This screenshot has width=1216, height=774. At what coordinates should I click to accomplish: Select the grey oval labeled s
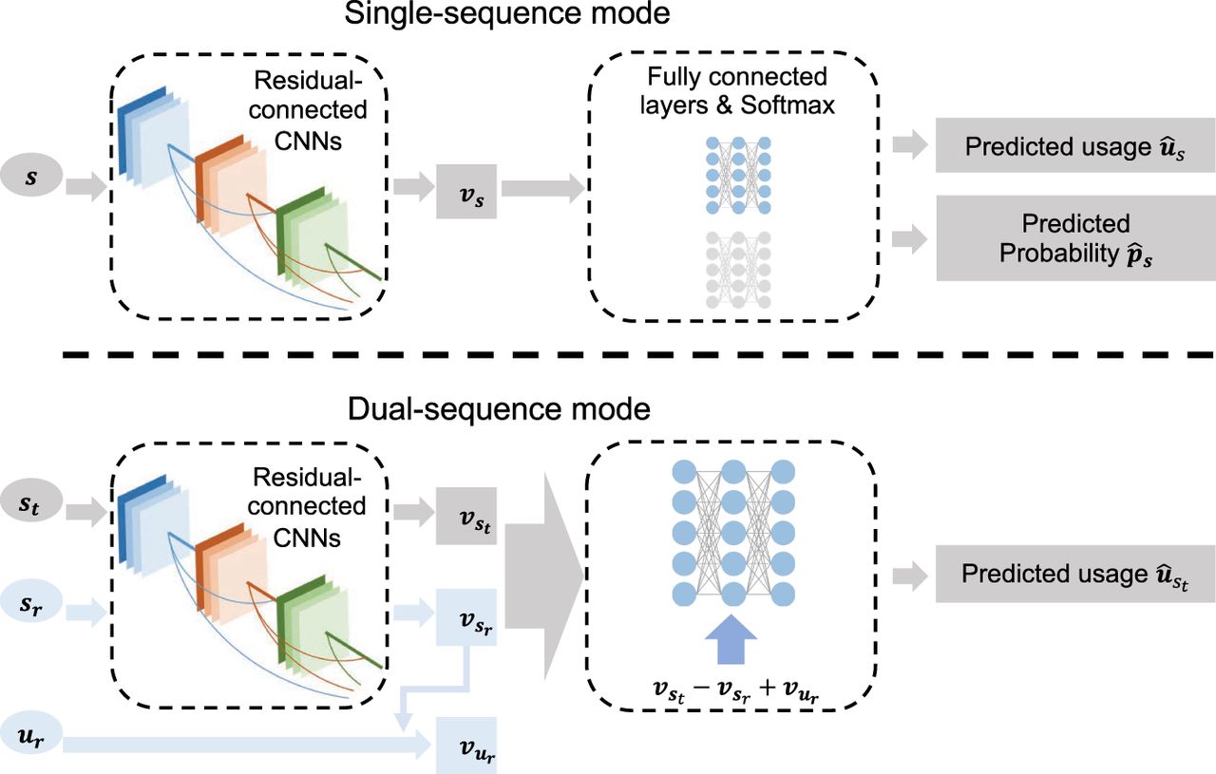(31, 178)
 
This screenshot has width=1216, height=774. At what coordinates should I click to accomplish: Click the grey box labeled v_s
(466, 191)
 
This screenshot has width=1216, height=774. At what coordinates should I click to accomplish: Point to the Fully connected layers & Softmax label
(738, 89)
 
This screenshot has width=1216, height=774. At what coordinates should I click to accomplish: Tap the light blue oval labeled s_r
(31, 602)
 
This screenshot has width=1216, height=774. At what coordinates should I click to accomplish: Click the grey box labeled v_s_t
(466, 519)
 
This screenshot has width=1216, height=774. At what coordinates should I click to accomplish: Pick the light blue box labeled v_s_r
(466, 616)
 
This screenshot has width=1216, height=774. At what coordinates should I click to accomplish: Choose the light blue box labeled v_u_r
(466, 746)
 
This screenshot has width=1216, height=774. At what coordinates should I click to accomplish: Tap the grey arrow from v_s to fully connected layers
(542, 189)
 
